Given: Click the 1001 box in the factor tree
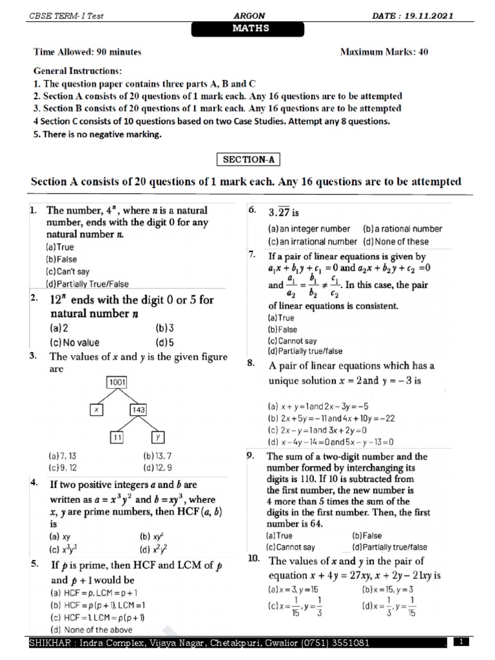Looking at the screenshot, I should [117, 382].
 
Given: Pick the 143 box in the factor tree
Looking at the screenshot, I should [139, 409].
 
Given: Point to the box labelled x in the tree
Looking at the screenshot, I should [95, 409].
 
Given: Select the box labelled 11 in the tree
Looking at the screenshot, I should [117, 437].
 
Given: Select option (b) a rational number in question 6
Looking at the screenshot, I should [402, 229].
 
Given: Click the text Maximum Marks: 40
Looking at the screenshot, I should [384, 52].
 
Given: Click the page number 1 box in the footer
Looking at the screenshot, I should [462, 642].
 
